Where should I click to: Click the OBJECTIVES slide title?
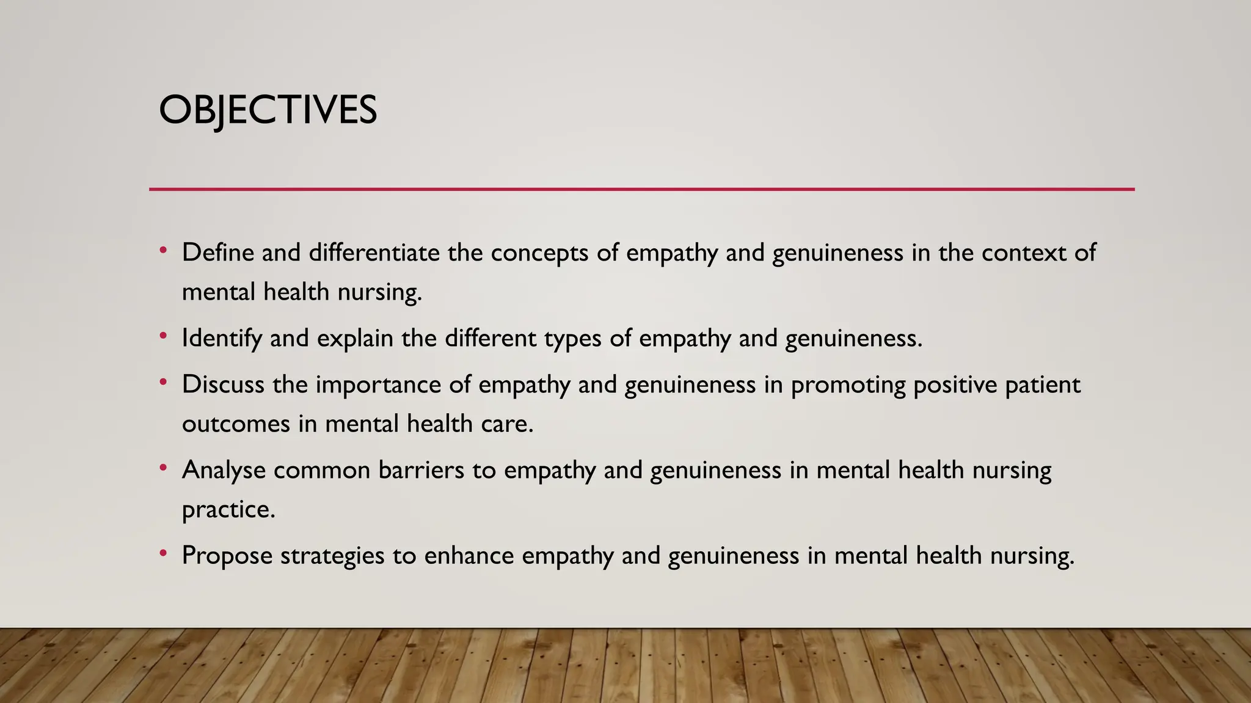268,110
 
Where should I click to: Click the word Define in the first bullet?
217,253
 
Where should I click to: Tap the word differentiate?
374,253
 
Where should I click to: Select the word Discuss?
223,384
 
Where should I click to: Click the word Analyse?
224,470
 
